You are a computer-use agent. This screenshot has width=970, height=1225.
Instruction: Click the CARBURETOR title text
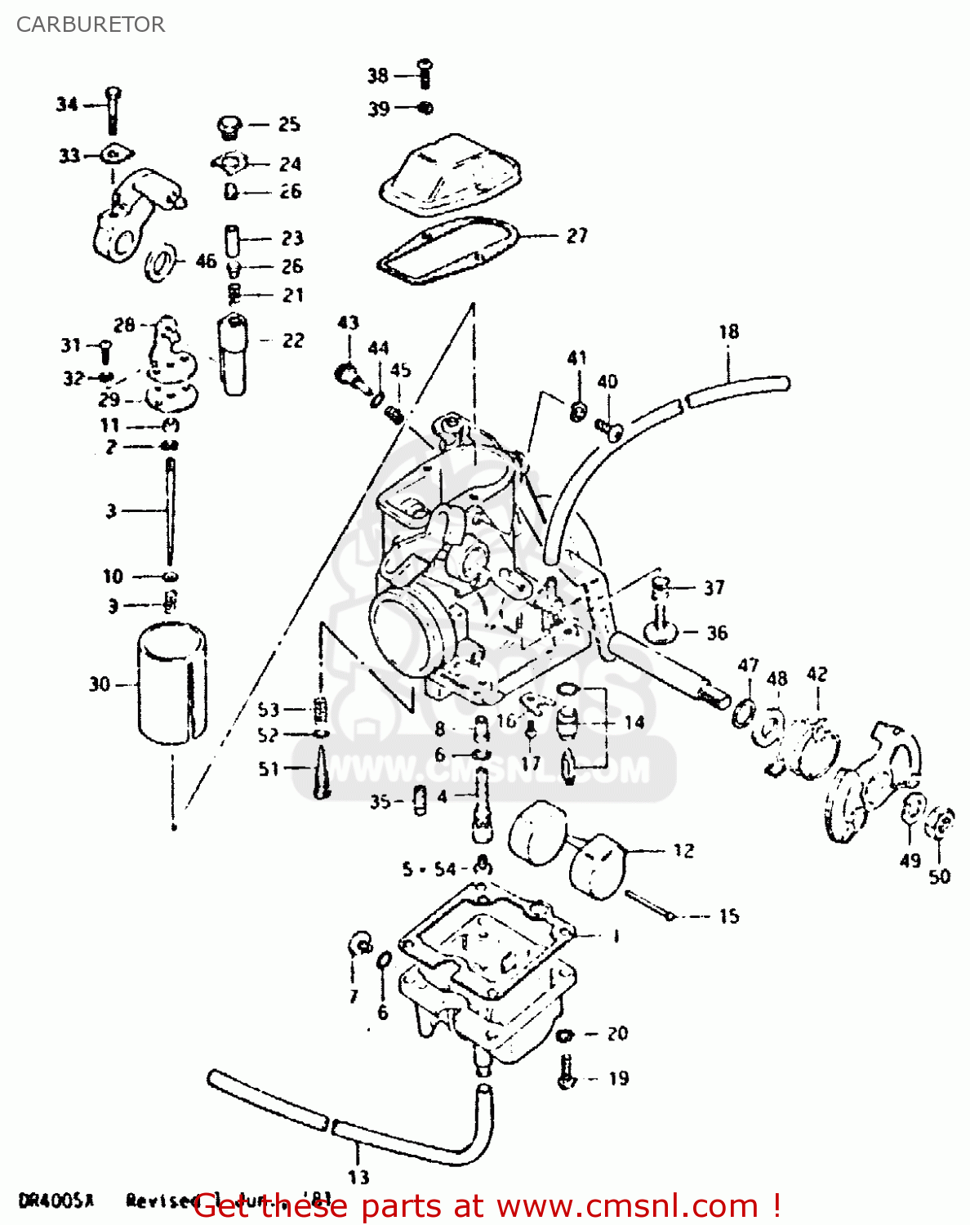[90, 24]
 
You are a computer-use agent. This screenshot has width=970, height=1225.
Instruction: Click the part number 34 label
[67, 104]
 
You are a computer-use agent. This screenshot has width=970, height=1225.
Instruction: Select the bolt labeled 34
[113, 109]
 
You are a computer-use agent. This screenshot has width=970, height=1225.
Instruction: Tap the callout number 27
[576, 236]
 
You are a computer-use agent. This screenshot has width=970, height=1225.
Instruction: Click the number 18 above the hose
[728, 332]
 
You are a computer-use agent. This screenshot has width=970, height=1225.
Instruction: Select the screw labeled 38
[424, 73]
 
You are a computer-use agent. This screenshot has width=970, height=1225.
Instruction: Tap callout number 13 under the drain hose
[358, 1177]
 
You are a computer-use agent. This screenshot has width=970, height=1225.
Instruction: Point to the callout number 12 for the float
[683, 851]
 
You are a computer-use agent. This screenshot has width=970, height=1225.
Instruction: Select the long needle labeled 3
[170, 510]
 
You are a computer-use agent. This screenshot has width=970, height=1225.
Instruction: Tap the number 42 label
[816, 675]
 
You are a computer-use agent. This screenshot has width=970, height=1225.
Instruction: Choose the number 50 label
[940, 876]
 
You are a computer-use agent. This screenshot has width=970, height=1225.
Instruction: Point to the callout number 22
[293, 341]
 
